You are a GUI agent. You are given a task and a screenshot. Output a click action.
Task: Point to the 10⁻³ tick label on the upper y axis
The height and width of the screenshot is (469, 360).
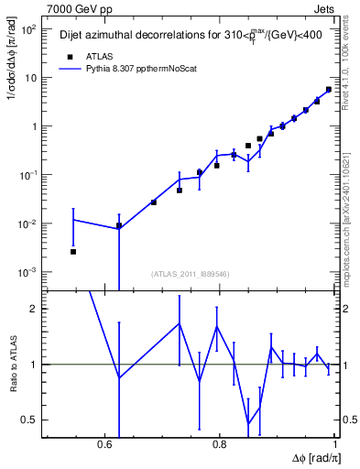pyautogui.click(x=27, y=272)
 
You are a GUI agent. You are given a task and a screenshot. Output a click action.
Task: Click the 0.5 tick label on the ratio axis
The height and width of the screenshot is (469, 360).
pyautogui.click(x=29, y=420)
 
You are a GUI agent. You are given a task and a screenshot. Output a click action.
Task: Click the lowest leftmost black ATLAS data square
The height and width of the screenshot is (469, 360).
pyautogui.click(x=73, y=251)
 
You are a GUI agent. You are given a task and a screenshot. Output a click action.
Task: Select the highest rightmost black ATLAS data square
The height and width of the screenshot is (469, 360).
pyautogui.click(x=329, y=90)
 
